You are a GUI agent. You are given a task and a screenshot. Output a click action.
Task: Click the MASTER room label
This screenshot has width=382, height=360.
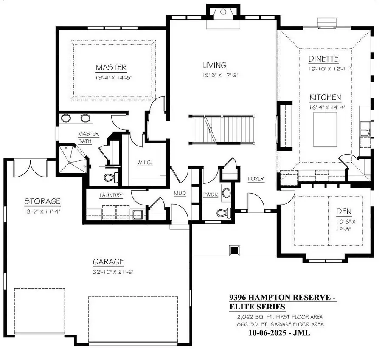[x=111, y=67]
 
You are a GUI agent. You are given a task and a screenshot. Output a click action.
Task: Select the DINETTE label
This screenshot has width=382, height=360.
[x=323, y=59]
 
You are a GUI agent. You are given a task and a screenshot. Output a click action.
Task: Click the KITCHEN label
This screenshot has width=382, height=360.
[x=325, y=97]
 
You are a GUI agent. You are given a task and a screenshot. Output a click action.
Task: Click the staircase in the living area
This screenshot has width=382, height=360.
[x=221, y=129]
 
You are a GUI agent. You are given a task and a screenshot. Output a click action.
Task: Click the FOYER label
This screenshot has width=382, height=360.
[x=256, y=179]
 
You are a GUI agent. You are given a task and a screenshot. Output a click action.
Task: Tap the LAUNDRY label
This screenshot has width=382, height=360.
[x=111, y=196]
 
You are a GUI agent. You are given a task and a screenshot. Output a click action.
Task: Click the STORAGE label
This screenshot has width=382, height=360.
[x=42, y=201]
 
